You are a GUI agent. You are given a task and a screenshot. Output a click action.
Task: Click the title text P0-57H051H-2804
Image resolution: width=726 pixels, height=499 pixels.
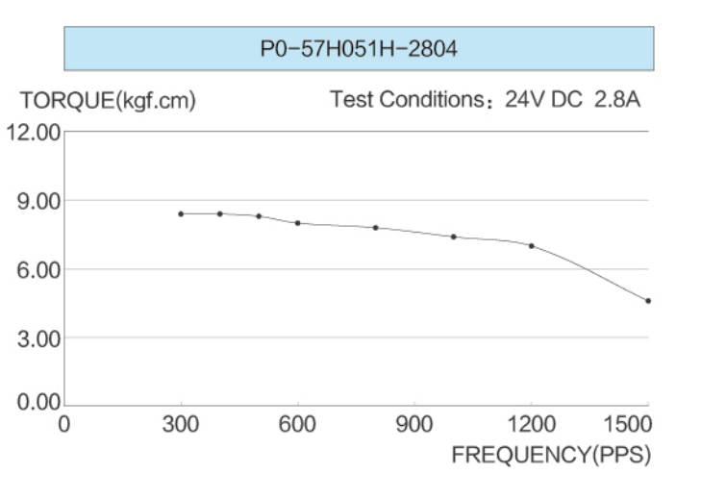(359, 49)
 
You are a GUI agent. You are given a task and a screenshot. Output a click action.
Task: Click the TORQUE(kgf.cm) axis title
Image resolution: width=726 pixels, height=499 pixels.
(108, 100)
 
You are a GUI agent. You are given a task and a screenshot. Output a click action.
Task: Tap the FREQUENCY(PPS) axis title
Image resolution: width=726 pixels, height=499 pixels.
(551, 454)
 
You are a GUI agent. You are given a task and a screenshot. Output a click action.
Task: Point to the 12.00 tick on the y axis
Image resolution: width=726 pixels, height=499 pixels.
(34, 132)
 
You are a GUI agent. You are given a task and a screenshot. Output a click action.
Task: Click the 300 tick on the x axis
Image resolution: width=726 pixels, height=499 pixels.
(181, 424)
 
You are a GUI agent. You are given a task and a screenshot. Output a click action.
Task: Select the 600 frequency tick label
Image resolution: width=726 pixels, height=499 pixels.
(297, 424)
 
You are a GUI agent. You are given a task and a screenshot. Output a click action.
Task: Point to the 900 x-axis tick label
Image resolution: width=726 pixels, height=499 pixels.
(414, 424)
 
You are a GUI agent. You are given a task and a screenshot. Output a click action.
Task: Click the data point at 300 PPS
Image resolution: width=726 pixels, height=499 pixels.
(181, 213)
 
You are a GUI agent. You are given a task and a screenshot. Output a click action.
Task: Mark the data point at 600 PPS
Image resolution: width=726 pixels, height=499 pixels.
(297, 223)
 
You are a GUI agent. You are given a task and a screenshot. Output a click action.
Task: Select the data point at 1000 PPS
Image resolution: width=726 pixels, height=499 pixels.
(453, 237)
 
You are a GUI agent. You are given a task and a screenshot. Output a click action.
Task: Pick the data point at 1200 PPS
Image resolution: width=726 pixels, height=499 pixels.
(531, 246)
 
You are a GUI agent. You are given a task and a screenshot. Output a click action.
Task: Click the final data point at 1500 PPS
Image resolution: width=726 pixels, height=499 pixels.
(648, 301)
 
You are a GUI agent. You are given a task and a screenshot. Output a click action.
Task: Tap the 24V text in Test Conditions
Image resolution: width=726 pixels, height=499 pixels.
(525, 100)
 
